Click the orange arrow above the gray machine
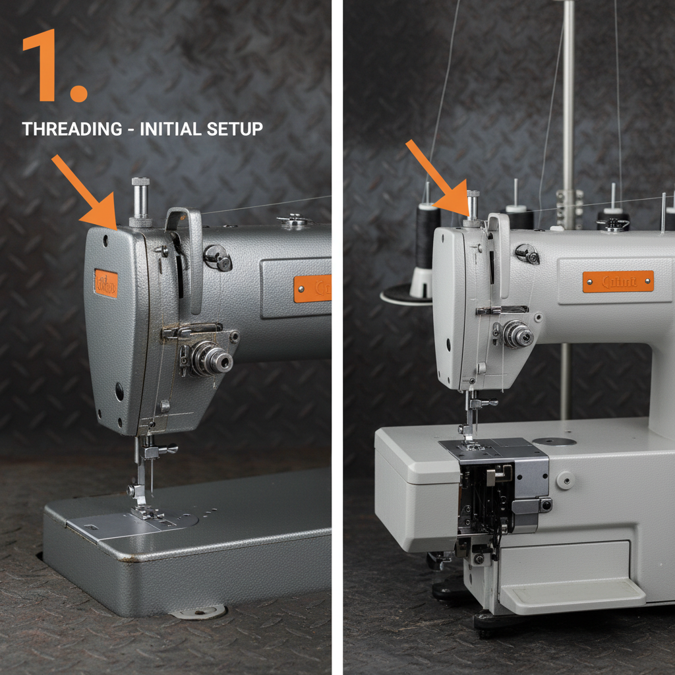tap(82, 191)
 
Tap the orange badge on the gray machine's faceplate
tap(105, 283)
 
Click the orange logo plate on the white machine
tap(618, 281)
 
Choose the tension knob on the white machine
tap(517, 335)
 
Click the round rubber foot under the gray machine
tap(198, 611)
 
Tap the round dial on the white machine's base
tap(565, 480)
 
